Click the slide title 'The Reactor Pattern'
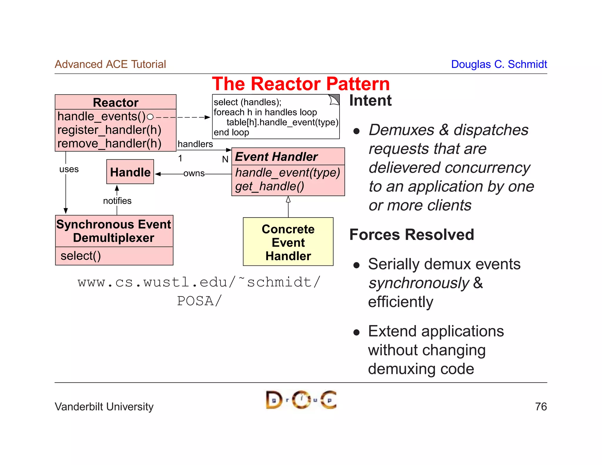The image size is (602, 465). [301, 84]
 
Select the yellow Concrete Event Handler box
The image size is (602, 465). [288, 242]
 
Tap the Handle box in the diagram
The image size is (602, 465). [130, 172]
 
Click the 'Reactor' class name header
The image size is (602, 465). [116, 103]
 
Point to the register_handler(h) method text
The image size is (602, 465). [109, 130]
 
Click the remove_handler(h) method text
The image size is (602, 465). [109, 144]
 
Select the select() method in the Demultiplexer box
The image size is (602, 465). [81, 256]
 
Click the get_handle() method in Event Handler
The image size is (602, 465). [270, 187]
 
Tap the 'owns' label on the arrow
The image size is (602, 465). [194, 174]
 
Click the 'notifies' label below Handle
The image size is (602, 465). [117, 201]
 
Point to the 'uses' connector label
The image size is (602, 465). [69, 169]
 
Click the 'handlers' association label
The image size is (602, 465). [195, 144]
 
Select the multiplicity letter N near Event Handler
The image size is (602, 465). [225, 159]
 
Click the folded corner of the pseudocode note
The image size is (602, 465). [334, 100]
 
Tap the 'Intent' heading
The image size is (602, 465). [370, 101]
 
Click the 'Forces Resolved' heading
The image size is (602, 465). [412, 235]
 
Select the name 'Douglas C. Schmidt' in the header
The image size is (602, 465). [499, 64]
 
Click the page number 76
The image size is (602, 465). [541, 407]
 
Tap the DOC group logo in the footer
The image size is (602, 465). [301, 400]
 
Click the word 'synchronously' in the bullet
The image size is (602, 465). [419, 283]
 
